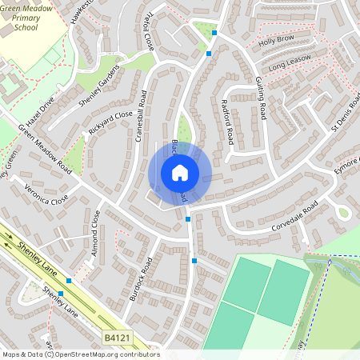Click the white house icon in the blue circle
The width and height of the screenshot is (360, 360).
pyautogui.click(x=180, y=172)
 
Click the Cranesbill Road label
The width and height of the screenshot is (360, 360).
pyautogui.click(x=142, y=115)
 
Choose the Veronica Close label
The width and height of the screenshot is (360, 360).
pyautogui.click(x=47, y=190)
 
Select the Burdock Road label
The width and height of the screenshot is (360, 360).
pyautogui.click(x=141, y=278)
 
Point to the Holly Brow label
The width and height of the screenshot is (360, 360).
pyautogui.click(x=276, y=40)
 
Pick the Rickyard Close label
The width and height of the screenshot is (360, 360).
pyautogui.click(x=110, y=125)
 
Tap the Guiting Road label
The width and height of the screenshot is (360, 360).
pyautogui.click(x=260, y=93)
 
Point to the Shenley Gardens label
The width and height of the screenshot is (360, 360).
pyautogui.click(x=98, y=91)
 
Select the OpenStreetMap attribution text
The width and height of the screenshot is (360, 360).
pyautogui.click(x=81, y=354)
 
